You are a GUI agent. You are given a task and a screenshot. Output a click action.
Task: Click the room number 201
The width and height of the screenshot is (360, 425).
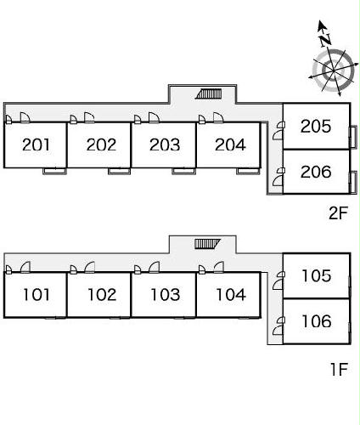(36, 144)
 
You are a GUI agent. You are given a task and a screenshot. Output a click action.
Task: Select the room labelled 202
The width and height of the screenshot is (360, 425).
(101, 144)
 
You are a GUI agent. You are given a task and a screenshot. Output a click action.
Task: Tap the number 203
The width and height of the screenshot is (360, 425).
(165, 144)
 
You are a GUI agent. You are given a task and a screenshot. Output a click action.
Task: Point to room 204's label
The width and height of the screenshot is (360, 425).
(230, 144)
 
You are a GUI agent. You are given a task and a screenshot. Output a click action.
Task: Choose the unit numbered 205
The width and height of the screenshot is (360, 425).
(316, 126)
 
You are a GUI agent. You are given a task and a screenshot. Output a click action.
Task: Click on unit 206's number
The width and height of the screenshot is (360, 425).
(316, 172)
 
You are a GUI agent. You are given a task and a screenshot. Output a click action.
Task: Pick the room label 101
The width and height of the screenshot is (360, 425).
(36, 295)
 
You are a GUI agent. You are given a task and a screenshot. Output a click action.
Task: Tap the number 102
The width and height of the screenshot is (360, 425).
(102, 295)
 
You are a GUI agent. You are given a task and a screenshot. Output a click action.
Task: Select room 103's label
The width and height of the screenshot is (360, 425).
(166, 295)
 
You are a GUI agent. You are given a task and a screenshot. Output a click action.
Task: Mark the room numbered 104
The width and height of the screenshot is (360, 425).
(231, 295)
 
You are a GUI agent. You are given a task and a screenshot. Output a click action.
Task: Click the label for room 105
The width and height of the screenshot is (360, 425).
(317, 275)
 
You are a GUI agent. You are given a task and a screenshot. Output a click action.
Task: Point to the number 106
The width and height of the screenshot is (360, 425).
(317, 321)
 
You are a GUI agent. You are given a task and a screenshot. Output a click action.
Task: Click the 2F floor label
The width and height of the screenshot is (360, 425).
(338, 213)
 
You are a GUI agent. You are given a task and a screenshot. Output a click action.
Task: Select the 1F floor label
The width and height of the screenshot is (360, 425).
(339, 369)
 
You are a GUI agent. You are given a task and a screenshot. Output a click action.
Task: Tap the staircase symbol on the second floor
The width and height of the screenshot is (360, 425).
(209, 93)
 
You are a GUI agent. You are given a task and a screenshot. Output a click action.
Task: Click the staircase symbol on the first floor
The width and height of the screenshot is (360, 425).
(207, 244)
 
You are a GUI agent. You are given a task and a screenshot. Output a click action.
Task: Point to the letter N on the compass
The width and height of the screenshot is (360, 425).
(326, 40)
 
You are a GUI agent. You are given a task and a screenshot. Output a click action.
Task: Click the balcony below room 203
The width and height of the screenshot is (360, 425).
(183, 171)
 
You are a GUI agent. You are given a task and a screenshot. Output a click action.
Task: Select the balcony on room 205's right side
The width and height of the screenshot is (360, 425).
(353, 137)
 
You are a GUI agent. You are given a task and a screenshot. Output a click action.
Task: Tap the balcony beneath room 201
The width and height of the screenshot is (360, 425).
(54, 171)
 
